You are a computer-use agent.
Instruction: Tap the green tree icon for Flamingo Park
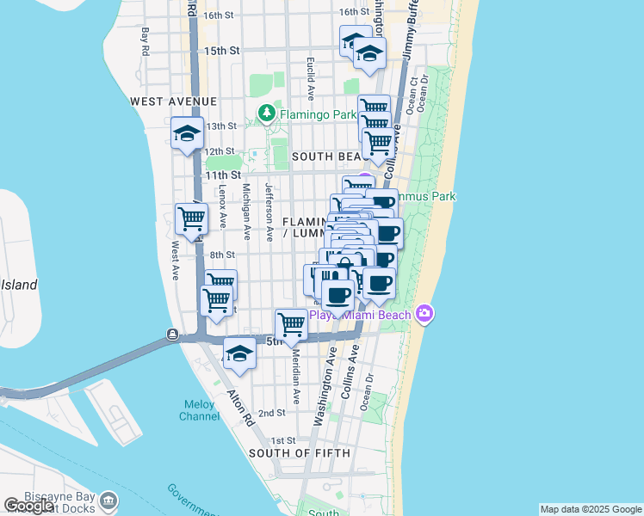pos(267,114)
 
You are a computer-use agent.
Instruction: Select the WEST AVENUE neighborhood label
pos(173,101)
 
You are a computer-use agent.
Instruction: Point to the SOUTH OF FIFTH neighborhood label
pos(299,453)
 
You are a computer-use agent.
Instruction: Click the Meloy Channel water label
pos(199,410)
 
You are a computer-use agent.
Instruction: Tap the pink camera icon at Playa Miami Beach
pos(424,314)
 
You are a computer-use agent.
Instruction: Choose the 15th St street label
pos(221,51)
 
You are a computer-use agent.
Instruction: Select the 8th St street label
pos(222,255)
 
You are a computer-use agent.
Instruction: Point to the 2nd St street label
pos(272,414)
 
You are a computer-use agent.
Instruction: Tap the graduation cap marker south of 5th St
pos(239,353)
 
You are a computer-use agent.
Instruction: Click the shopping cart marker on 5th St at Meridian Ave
pos(292,325)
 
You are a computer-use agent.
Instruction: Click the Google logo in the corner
pos(28,506)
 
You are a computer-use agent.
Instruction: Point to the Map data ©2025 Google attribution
pos(590,509)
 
